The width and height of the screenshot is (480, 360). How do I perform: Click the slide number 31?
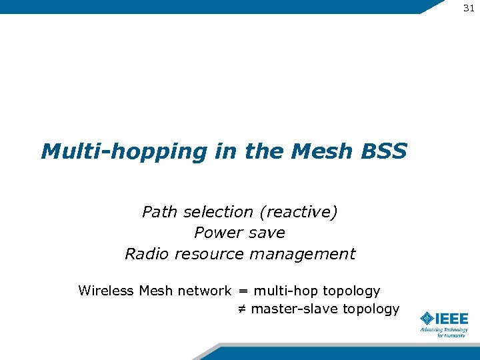click(x=468, y=7)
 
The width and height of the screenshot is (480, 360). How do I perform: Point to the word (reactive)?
click(x=299, y=212)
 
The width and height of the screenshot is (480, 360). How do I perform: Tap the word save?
click(x=266, y=233)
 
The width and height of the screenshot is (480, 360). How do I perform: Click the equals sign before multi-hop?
click(x=243, y=291)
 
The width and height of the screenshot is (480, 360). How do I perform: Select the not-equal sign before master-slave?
click(x=243, y=309)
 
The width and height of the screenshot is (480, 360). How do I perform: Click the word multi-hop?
click(x=285, y=291)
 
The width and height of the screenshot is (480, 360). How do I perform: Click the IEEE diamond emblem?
click(x=427, y=319)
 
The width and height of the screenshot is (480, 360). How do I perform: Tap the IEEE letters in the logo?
click(x=452, y=319)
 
